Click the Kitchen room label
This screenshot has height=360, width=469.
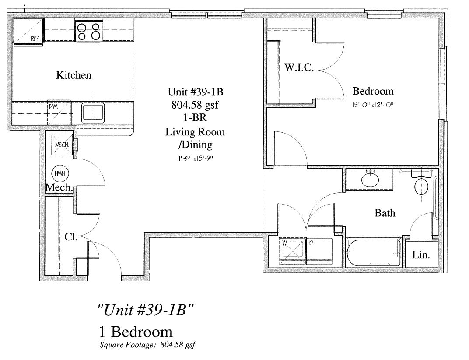[x=73, y=75]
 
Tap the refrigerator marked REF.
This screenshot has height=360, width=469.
[x=28, y=31]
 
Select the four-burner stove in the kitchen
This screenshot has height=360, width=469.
[x=88, y=32]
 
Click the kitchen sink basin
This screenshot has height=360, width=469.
[x=93, y=113]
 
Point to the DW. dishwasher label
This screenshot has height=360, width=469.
[x=53, y=106]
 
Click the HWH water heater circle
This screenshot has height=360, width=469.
[x=60, y=174]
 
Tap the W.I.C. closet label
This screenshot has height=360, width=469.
[x=299, y=67]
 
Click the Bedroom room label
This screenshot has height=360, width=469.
[x=373, y=91]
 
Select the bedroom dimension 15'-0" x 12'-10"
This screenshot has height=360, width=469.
[x=373, y=105]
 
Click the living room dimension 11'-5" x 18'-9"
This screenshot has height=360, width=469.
[x=195, y=158]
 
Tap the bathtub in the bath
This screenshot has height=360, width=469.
[x=373, y=252]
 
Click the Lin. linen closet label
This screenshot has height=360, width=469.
[x=421, y=255]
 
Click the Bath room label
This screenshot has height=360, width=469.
[x=385, y=213]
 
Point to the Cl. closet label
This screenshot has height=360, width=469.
[x=71, y=237]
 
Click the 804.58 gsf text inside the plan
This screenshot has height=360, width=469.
[x=195, y=105]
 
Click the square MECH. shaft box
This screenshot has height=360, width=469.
[x=62, y=145]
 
